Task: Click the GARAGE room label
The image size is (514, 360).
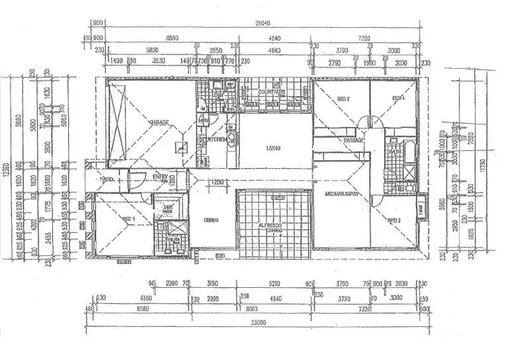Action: (158, 122)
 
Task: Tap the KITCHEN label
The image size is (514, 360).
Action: (219, 140)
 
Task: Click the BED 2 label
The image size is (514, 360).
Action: (343, 99)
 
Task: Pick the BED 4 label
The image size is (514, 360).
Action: (398, 99)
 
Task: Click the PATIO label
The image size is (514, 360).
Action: (107, 180)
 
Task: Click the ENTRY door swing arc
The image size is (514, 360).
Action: (136, 180)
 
